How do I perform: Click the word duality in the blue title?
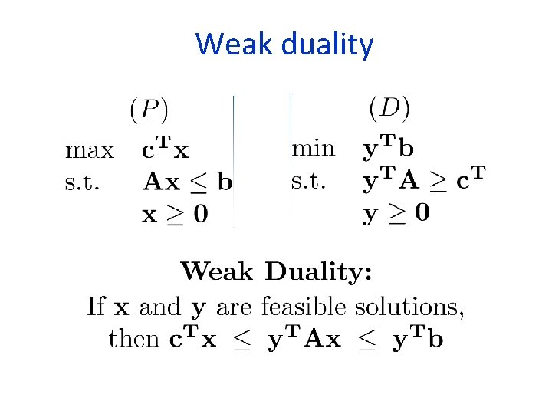327,45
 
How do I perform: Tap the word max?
89,149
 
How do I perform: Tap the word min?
313,147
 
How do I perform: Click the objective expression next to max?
165,149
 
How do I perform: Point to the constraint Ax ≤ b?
188,182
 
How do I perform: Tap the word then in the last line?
134,339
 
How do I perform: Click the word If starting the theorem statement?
96,307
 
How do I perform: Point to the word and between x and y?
159,307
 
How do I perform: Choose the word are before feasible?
235,308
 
